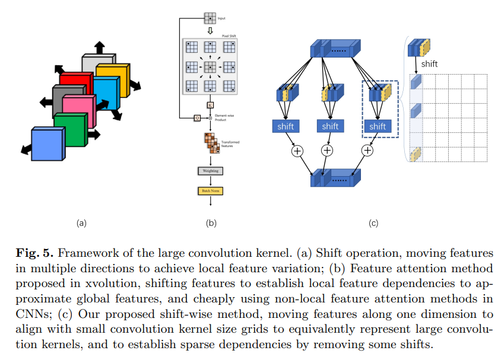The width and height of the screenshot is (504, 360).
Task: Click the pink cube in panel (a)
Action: pos(77,110)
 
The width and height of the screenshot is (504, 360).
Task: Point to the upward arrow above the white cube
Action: pos(99,47)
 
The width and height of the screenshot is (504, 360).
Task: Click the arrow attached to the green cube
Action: pos(93,135)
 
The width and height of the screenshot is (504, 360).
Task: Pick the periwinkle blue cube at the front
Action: pos(47,144)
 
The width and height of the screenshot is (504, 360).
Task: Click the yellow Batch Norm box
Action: pos(210,191)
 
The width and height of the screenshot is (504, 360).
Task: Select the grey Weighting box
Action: pos(210,171)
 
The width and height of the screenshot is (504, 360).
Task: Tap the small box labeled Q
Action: pos(196,118)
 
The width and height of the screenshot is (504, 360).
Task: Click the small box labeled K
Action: pos(210,105)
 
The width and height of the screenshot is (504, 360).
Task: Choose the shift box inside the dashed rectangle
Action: pos(378,126)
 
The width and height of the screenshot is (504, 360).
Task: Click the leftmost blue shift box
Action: pos(285,126)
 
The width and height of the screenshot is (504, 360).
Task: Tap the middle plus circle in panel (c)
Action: pos(330,151)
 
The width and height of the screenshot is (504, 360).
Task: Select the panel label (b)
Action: pos(211,224)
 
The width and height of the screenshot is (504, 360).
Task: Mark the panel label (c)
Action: pos(373,224)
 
